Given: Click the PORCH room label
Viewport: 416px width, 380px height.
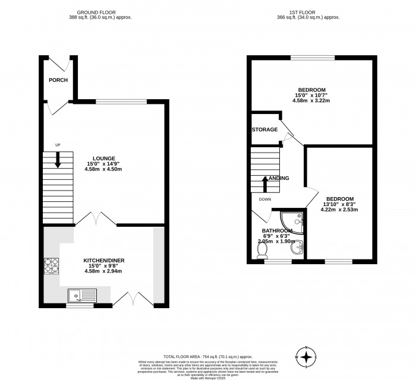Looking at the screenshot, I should coord(58,80).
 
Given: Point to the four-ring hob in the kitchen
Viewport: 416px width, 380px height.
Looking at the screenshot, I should coord(52,264).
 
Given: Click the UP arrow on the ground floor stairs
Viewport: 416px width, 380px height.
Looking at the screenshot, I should coord(58,159).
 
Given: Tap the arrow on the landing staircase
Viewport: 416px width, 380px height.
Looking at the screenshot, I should coord(265,183).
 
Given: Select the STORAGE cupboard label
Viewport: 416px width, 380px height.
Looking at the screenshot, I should coord(264,129).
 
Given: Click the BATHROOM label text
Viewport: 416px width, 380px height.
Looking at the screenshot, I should coord(278,230).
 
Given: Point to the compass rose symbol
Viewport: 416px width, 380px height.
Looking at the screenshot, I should coord(307,356).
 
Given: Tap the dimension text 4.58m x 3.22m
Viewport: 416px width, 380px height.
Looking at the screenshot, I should coord(311,100).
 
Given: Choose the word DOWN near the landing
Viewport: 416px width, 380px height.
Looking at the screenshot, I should coord(265,199).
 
